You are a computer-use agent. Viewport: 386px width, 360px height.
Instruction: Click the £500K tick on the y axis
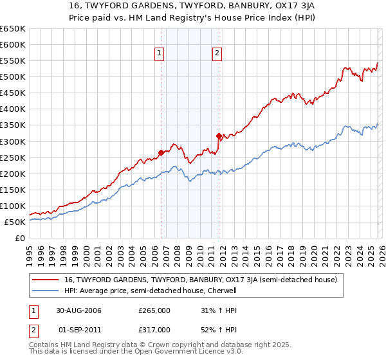pyautogui.click(x=13, y=77)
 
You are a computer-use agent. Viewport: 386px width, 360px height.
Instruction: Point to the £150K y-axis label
pyautogui.click(x=13, y=190)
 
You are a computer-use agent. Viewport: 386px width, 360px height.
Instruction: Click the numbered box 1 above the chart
pyautogui.click(x=159, y=54)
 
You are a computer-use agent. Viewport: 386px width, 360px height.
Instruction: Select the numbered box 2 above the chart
pyautogui.click(x=217, y=54)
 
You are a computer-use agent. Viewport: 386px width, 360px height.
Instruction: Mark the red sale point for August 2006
pyautogui.click(x=161, y=152)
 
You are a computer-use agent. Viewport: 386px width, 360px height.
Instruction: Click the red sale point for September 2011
pyautogui.click(x=219, y=136)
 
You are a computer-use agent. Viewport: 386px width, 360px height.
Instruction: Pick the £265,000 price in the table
pyautogui.click(x=154, y=310)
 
